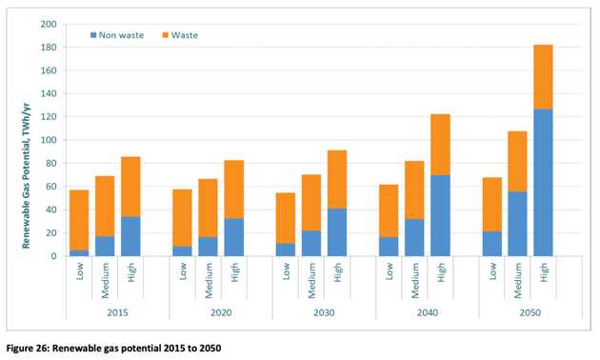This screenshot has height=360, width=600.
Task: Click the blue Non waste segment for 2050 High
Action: point(543,183)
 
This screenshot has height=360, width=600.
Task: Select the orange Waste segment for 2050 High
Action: point(543,77)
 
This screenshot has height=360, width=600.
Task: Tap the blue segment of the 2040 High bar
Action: point(440,216)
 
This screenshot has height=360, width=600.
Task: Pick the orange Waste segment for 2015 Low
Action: point(79,220)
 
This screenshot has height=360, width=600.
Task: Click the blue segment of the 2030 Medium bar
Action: point(311,243)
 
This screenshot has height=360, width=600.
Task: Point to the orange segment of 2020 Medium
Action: point(208,209)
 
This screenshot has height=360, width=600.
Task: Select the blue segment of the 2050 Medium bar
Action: point(517,224)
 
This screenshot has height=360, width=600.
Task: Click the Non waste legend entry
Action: point(117,35)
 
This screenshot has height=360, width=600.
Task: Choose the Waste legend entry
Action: point(180,35)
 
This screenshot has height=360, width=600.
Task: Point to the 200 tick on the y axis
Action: point(49,24)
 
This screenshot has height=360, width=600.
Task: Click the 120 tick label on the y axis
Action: point(49,117)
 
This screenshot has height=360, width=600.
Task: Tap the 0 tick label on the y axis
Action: point(53,256)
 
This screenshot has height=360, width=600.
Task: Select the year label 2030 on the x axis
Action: point(324,312)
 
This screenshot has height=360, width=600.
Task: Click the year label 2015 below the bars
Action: point(117,312)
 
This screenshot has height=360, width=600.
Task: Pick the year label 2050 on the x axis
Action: point(530,312)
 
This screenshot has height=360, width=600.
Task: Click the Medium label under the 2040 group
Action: point(415,280)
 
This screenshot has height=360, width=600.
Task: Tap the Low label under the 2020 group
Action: point(183,270)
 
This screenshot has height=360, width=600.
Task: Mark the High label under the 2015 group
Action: point(131,272)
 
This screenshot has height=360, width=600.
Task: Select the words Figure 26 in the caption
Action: point(28,349)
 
